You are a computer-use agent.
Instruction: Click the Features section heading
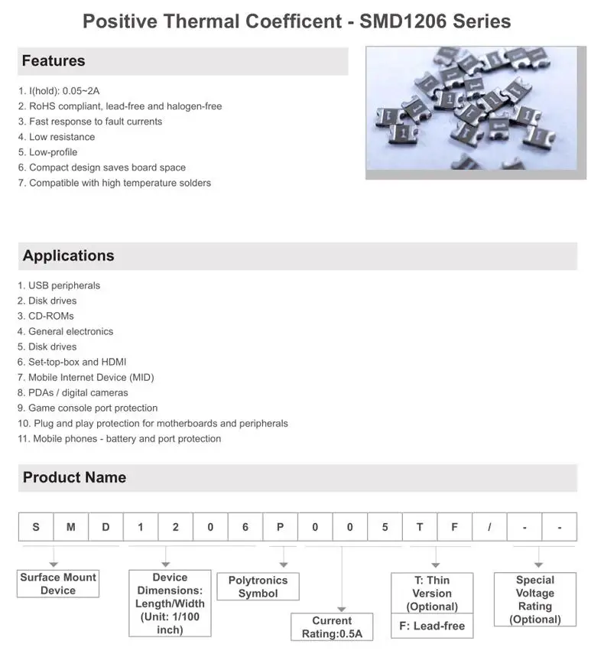point(54,61)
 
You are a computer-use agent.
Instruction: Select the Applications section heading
point(68,256)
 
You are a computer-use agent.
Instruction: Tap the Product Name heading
point(74,478)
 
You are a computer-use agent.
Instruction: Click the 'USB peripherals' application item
point(64,285)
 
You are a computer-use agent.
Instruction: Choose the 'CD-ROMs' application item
point(51,316)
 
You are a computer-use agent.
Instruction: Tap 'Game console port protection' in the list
point(93,408)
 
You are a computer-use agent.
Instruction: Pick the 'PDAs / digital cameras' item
point(78,392)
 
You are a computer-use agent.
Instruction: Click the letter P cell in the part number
point(281,527)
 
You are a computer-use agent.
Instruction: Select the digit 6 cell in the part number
point(245,527)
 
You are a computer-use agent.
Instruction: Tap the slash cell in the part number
point(490,527)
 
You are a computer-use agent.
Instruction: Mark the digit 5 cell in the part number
point(385,527)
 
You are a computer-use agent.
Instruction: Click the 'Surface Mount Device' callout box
point(58,584)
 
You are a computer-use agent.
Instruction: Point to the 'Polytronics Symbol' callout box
point(258,587)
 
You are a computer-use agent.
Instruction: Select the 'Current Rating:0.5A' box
point(332,627)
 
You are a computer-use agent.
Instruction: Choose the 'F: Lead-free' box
point(432,626)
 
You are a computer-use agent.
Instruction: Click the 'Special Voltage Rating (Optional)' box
point(535,600)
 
